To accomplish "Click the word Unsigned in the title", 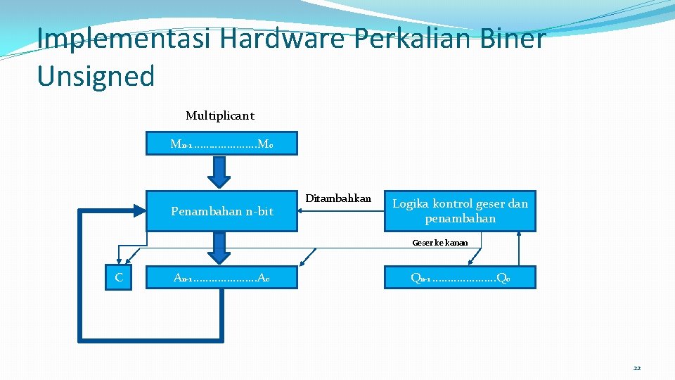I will (96, 76).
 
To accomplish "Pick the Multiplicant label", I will (219, 115).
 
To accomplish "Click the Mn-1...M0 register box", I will (221, 144).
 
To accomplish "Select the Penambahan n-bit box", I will (221, 211).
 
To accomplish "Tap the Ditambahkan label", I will (338, 198).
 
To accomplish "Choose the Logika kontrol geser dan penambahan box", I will (460, 211).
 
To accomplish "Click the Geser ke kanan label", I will (440, 242).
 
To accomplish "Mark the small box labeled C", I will (119, 277).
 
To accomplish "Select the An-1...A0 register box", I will (221, 277).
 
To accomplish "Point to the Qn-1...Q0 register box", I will (460, 277).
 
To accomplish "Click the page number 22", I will (636, 368).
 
